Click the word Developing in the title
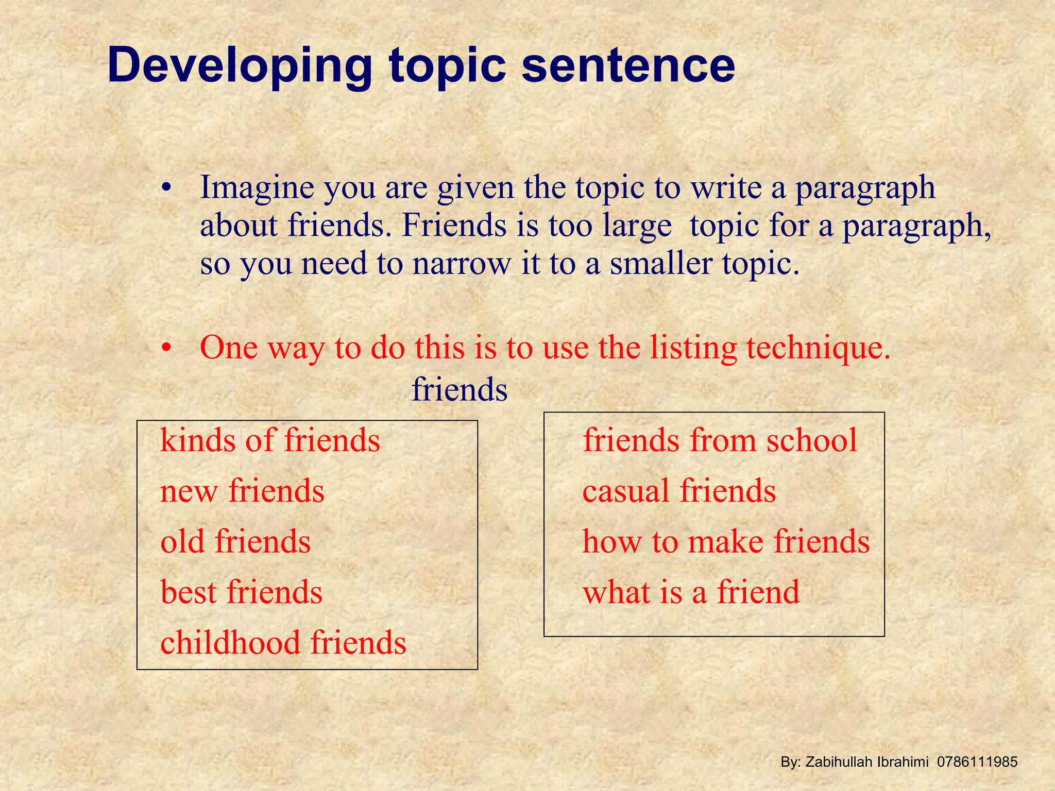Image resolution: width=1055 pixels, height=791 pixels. tap(240, 66)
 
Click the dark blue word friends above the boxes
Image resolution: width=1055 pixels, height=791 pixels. tap(460, 389)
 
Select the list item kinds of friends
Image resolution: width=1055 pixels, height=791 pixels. tap(270, 440)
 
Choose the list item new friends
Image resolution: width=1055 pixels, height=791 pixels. tap(242, 491)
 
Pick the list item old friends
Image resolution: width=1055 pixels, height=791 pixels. tap(235, 541)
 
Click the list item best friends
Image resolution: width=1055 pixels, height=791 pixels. tap(241, 592)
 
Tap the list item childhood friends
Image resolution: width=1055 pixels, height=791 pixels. tap(283, 642)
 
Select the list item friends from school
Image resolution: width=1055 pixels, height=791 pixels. tap(720, 440)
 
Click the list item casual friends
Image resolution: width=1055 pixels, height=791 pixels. tap(679, 491)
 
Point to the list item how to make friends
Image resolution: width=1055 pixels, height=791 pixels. tap(726, 541)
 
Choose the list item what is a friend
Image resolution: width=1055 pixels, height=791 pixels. tap(691, 592)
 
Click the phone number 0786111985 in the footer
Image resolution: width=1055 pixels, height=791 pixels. tap(977, 762)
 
